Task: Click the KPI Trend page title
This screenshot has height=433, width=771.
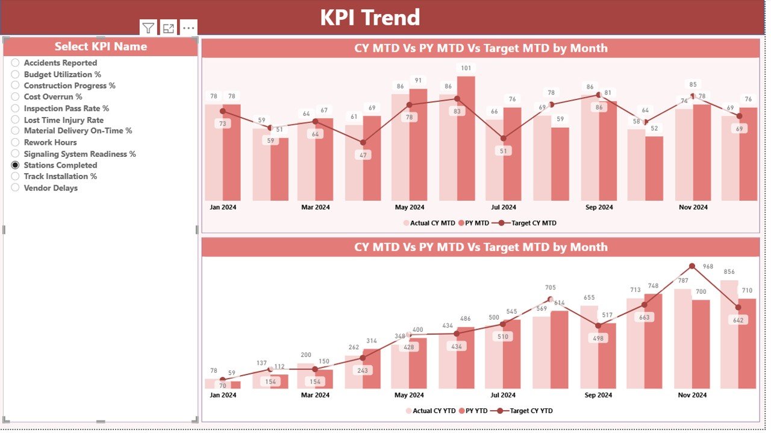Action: (x=369, y=17)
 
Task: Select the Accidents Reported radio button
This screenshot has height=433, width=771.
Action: (x=15, y=63)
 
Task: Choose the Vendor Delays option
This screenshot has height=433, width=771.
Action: (x=15, y=188)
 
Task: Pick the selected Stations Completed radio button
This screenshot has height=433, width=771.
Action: (x=15, y=165)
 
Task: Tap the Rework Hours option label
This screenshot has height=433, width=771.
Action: (x=50, y=142)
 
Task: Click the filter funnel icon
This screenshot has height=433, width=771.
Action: (x=148, y=28)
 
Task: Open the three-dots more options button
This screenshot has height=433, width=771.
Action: (x=189, y=28)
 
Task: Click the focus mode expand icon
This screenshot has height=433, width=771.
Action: (x=169, y=28)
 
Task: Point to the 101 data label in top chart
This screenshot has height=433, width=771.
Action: (x=465, y=68)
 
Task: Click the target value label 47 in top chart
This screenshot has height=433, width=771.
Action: (x=363, y=155)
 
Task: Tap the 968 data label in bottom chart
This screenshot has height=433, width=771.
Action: (x=708, y=267)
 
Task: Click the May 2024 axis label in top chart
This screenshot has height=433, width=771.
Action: (x=410, y=207)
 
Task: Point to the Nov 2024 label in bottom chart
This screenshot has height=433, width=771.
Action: (x=692, y=396)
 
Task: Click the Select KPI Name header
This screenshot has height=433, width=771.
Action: (x=101, y=46)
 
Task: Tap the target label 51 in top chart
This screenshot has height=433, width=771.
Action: (x=504, y=151)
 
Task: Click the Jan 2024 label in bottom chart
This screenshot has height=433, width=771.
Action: (x=223, y=396)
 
